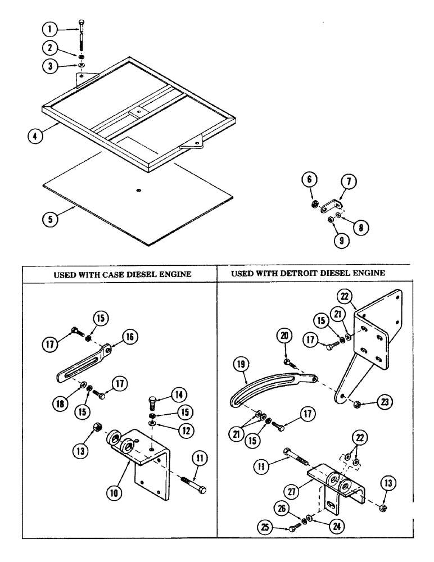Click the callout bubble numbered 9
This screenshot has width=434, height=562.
point(325,241)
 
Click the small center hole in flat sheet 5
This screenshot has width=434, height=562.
point(138,191)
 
